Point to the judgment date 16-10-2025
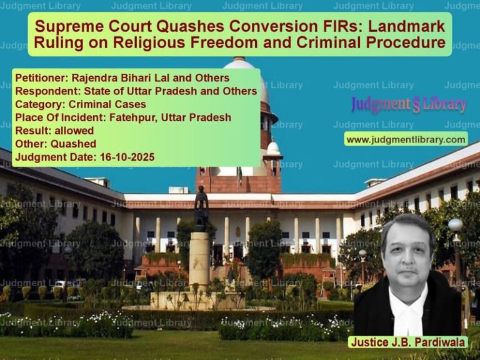pos(124,156)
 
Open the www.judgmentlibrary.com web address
pos(406,139)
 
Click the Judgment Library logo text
pos(409,104)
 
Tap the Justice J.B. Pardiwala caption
pos(408,342)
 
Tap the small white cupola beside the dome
pos(273,147)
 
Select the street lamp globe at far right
pos(456,225)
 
